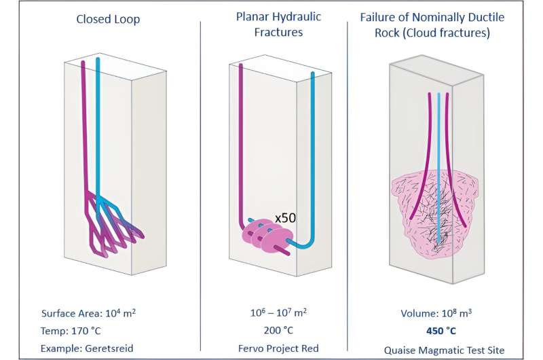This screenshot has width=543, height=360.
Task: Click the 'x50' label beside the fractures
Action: pos(286,219)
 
